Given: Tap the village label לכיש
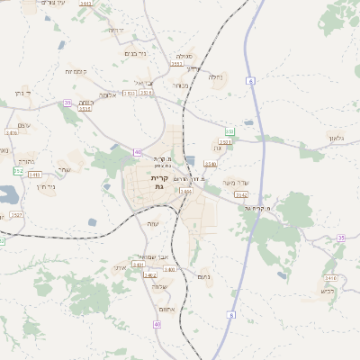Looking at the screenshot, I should [327, 291].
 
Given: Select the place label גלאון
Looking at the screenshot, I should [336, 138].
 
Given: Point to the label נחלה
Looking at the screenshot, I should [216, 77].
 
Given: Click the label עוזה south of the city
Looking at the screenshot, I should [152, 223].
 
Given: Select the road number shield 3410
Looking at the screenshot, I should [330, 278].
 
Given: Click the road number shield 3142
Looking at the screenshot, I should [241, 194].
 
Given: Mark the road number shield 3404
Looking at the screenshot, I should [185, 191].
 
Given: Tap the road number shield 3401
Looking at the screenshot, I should [138, 265].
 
